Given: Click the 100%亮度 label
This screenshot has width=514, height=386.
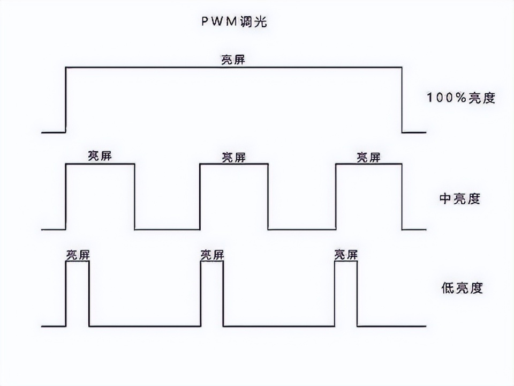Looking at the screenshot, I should click(460, 98).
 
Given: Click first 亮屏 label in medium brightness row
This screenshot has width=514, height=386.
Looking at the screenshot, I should click(100, 156).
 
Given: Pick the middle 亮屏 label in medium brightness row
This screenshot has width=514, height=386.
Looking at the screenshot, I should click(233, 157).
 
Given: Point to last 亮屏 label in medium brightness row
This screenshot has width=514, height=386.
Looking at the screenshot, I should click(368, 157).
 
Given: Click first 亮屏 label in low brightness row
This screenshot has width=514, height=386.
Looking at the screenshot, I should click(78, 255).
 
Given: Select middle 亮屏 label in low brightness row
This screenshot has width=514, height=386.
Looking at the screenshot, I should click(212, 255).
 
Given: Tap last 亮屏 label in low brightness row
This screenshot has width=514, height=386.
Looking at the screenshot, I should click(346, 255).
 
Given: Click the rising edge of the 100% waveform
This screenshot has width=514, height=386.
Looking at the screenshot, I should click(65, 99).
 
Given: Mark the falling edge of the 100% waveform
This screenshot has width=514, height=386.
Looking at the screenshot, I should click(402, 99).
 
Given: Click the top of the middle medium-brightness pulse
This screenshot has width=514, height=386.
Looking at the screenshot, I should click(233, 164).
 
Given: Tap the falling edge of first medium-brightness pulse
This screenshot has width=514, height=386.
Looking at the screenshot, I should click(134, 197).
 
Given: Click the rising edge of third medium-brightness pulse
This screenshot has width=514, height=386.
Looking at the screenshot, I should click(336, 197).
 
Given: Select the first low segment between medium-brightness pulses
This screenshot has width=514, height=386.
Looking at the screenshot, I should click(167, 229).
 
